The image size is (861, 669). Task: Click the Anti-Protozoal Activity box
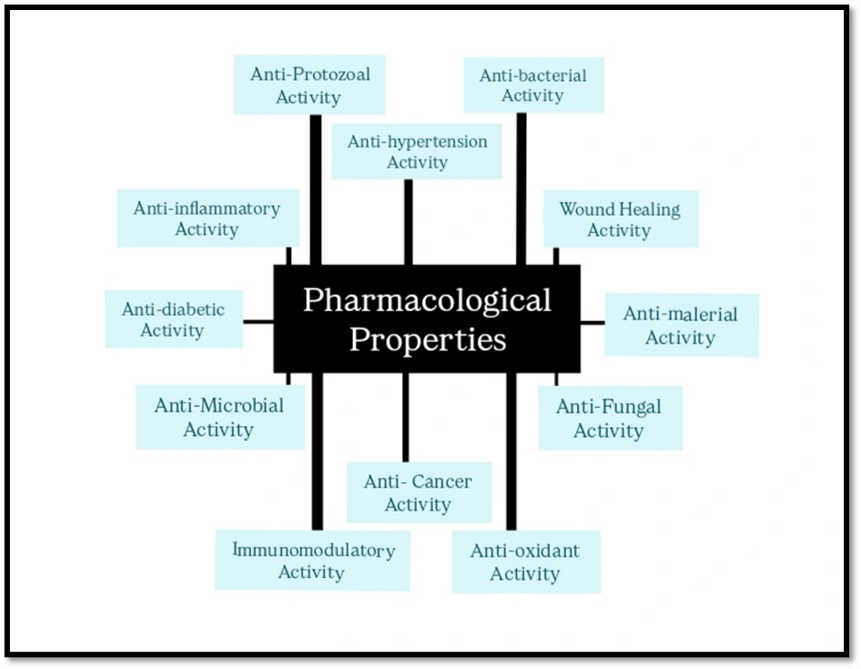309,85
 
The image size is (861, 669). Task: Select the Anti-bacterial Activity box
533,85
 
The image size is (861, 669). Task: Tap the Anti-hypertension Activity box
417,152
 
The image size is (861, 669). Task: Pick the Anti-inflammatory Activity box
207,218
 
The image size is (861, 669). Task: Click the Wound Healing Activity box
620,219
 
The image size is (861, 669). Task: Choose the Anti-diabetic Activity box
173,319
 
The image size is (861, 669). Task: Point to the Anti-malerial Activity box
681,325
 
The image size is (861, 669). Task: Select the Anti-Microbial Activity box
219,417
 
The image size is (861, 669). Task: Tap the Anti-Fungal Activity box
609,418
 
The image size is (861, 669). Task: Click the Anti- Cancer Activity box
419,492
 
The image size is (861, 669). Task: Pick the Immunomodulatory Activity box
312,561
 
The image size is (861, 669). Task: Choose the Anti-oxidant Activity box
525,562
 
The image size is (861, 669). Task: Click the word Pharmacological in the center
427,299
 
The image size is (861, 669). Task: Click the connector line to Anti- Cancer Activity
405,417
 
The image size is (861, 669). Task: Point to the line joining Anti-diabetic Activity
258,321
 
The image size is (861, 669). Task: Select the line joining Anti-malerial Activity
593,322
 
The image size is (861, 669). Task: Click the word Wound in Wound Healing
586,209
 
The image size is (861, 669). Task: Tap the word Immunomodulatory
313,550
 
